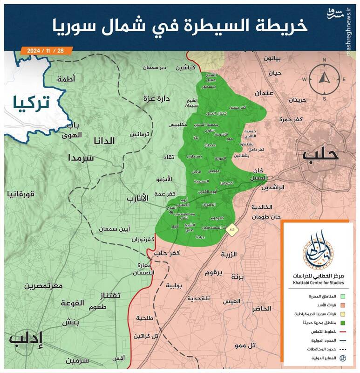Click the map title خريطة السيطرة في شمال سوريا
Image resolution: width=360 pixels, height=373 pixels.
179,26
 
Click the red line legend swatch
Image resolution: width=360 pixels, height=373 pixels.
342,331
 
